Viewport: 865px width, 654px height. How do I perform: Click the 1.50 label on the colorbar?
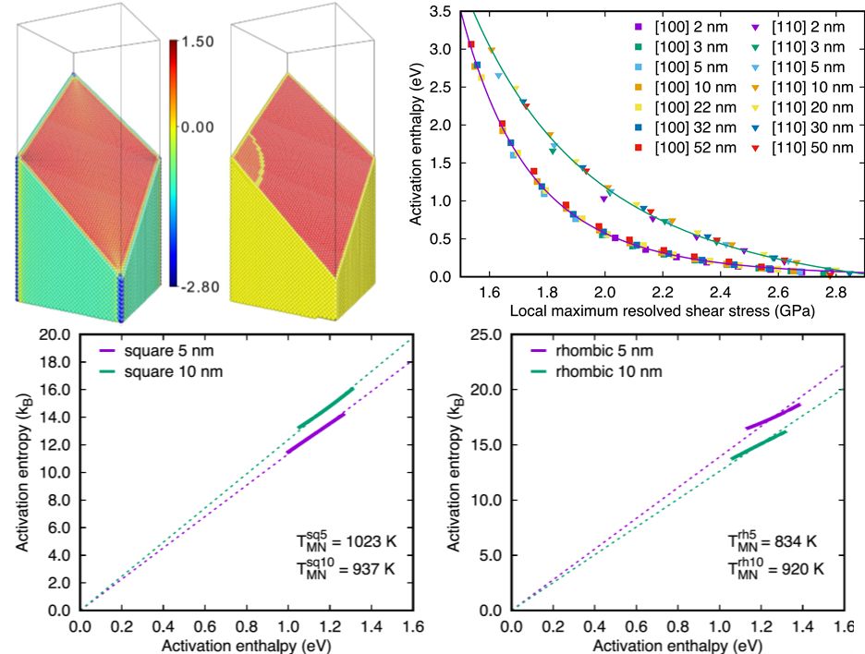coord(199,42)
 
